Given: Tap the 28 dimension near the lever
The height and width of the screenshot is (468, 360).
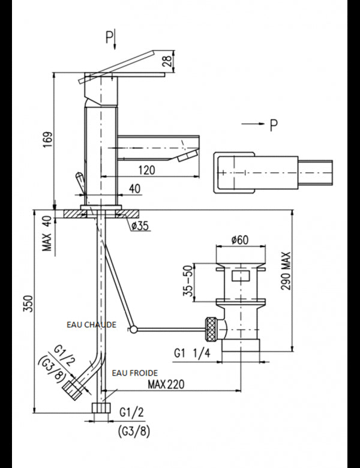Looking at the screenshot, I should pos(171,61).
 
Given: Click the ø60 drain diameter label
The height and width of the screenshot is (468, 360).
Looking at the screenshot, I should pos(240,241).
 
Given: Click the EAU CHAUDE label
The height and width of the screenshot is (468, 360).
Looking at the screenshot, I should pos(92,324).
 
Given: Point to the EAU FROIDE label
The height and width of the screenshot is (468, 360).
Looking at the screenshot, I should pos(132,372).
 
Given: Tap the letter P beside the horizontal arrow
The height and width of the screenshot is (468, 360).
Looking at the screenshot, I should pos(274,125).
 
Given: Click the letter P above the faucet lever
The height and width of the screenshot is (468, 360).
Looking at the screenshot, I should pos(109,39).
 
